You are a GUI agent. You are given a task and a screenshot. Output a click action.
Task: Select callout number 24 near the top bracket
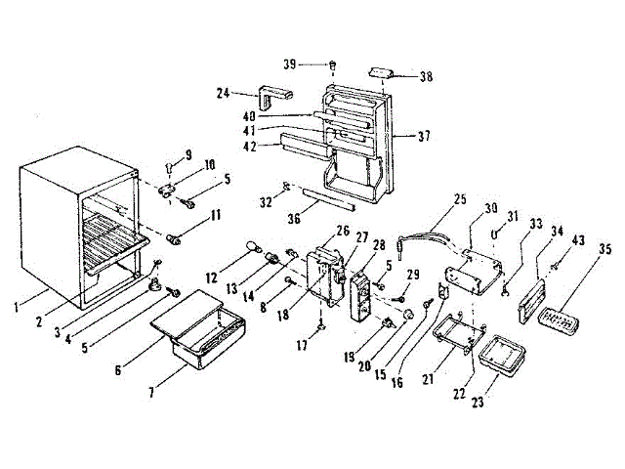(222, 94)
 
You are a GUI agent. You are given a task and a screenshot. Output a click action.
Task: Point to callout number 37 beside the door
(423, 136)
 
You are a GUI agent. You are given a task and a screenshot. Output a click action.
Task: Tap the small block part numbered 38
(381, 72)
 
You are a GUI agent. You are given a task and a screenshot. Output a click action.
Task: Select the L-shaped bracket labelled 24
(276, 98)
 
